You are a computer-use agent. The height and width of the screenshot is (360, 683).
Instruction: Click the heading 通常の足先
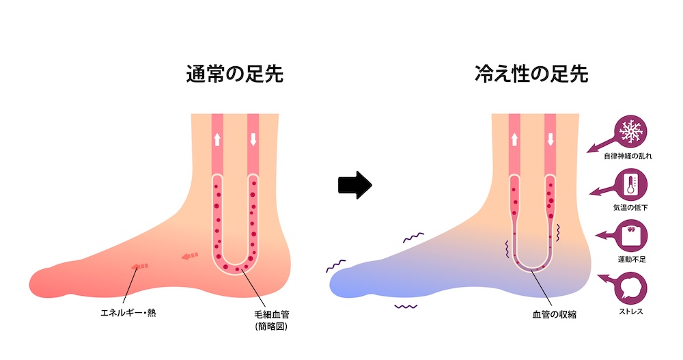click(x=235, y=74)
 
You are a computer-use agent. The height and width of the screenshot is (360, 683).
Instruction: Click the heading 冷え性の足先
click(x=531, y=74)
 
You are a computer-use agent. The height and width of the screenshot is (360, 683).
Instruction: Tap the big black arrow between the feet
click(x=355, y=185)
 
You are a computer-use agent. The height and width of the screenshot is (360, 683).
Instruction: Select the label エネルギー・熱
click(x=128, y=312)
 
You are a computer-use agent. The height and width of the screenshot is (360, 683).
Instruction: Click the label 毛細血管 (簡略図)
click(x=271, y=320)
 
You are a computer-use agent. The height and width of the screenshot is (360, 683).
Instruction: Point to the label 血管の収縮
click(x=554, y=314)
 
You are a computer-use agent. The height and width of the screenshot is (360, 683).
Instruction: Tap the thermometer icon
click(x=630, y=184)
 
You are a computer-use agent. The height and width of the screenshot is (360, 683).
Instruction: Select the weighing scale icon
click(x=630, y=236)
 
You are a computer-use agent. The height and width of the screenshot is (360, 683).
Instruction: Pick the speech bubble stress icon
click(x=630, y=288)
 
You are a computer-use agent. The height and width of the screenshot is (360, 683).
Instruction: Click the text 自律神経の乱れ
click(x=628, y=156)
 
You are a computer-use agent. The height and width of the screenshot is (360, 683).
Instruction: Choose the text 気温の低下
click(x=630, y=208)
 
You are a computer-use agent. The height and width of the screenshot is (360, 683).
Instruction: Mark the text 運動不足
click(x=632, y=260)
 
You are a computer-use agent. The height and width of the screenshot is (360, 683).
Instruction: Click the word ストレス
click(x=630, y=311)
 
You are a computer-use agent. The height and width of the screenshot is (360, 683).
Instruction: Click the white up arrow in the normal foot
click(x=217, y=139)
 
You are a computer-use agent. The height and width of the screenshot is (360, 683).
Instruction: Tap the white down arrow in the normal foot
click(x=253, y=139)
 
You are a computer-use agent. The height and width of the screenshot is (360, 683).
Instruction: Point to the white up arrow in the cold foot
click(x=514, y=139)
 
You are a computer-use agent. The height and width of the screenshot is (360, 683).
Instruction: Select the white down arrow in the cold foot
click(x=550, y=139)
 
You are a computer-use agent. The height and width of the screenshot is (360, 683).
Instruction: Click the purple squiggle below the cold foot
click(x=406, y=307)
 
